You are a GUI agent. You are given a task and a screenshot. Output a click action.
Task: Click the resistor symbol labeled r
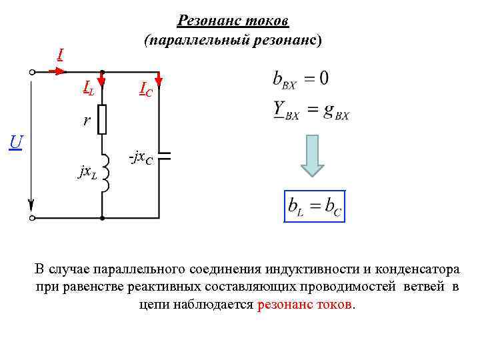[102, 119]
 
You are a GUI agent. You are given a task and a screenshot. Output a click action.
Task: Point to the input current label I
[60, 54]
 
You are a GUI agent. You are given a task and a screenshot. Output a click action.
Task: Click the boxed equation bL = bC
[315, 207]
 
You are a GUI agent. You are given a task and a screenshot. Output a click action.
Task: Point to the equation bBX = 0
[300, 79]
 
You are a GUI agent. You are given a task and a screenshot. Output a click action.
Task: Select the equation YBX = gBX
[311, 109]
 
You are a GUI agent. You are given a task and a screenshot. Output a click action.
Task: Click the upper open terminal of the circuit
[31, 71]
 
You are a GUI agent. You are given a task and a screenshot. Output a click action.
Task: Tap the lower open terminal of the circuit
[31, 218]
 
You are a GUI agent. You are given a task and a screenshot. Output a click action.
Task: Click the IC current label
[146, 89]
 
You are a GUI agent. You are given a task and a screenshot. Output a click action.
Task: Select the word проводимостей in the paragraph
[360, 287]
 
